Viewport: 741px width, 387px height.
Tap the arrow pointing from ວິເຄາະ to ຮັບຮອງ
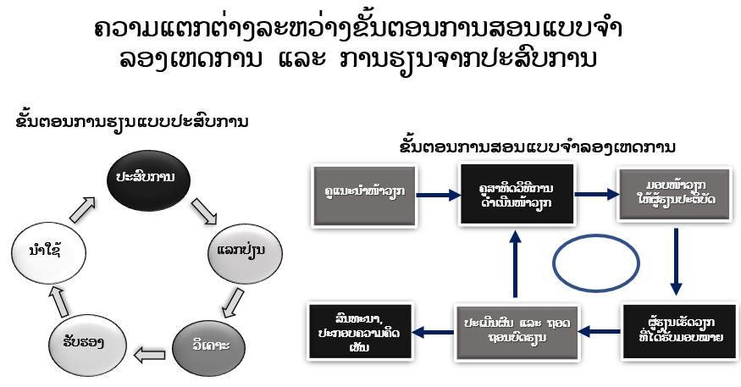pos(152,352)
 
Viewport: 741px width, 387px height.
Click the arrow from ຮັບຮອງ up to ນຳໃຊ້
pos(56,297)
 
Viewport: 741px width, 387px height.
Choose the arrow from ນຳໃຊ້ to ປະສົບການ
pos(84,208)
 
